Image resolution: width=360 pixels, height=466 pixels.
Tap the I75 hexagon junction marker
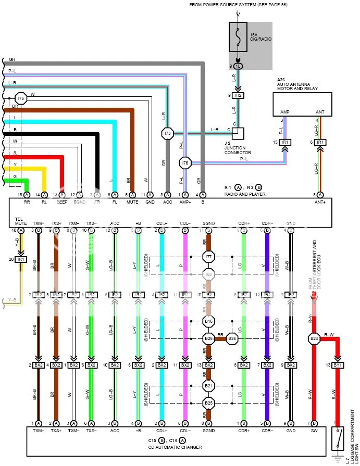point(20,98)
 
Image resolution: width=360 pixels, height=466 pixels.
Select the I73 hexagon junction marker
point(167,134)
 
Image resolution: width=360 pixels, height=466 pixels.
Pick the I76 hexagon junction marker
point(185,163)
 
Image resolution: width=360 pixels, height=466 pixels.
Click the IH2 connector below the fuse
point(238,95)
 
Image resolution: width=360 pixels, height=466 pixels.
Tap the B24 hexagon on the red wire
point(314,339)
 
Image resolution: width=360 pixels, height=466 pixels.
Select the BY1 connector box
point(338,365)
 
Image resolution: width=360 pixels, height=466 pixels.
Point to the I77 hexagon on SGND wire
point(208,257)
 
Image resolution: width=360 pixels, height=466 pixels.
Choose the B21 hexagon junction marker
point(208,386)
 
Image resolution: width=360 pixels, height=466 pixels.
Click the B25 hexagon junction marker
point(208,402)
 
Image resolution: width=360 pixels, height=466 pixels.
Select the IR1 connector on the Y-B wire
point(21,259)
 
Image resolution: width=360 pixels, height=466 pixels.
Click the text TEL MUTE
point(20,221)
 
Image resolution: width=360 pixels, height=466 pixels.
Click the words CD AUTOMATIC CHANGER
point(175,447)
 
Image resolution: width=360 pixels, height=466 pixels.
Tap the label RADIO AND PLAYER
point(244,194)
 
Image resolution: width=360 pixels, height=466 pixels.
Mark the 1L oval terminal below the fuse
point(238,66)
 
